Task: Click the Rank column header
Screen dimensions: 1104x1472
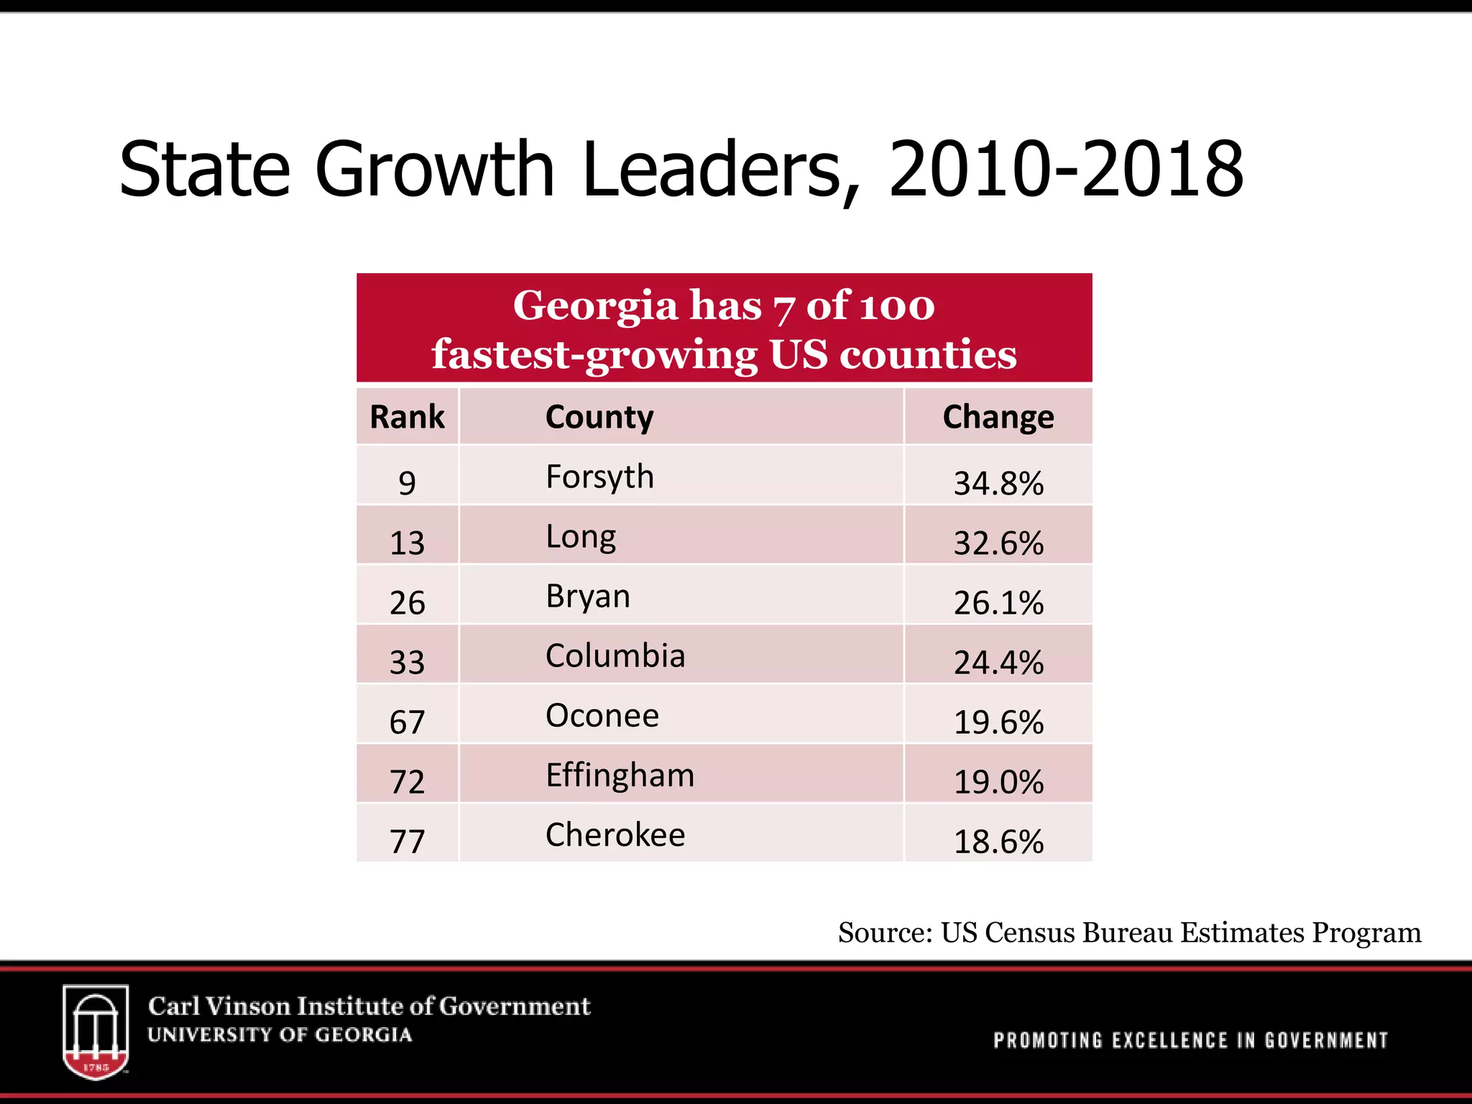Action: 407,417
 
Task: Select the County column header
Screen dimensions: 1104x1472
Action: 599,418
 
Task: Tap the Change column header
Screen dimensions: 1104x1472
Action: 998,417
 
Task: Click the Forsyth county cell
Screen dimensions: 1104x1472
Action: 599,477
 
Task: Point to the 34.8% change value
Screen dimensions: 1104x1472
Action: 998,483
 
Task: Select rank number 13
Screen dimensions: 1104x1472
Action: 407,543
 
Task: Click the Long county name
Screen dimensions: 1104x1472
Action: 581,537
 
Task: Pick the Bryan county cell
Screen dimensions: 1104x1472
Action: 587,597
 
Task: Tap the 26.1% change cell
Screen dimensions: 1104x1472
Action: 998,602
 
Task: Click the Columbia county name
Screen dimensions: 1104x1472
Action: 615,655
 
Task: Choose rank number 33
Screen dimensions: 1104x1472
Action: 407,662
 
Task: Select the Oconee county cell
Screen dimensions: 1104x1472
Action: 602,716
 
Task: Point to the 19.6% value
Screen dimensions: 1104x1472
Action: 998,722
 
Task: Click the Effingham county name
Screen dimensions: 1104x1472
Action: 620,776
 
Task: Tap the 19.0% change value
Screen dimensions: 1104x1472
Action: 998,781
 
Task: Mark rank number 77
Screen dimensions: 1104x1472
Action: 407,841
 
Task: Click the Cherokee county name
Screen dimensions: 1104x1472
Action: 615,835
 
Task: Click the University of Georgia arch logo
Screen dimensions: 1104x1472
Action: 96,1031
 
